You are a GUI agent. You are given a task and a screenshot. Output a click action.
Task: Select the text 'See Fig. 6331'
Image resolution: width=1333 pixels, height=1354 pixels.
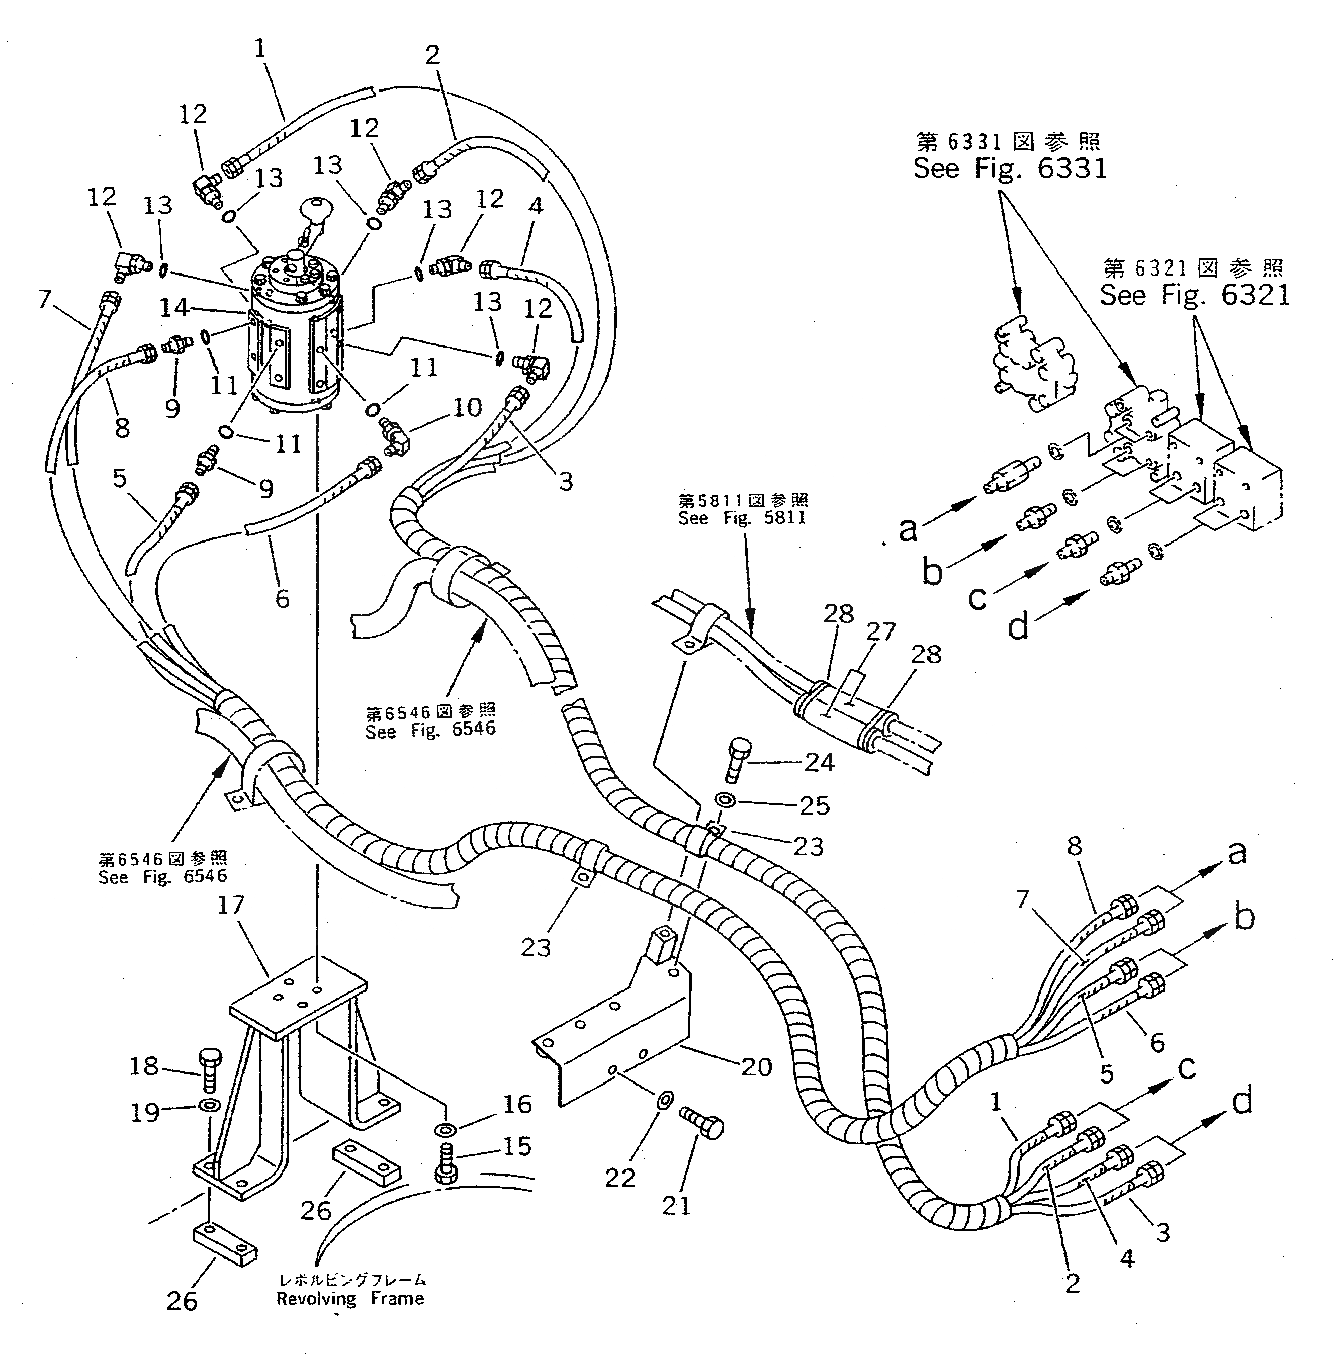[x=1010, y=169]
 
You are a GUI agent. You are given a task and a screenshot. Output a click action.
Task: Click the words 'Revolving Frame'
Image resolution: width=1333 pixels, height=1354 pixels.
[x=350, y=1299]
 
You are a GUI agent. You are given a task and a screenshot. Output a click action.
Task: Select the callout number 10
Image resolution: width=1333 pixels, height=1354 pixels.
[x=467, y=407]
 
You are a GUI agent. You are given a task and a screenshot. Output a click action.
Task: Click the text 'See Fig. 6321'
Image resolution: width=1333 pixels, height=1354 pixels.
[x=1194, y=295]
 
